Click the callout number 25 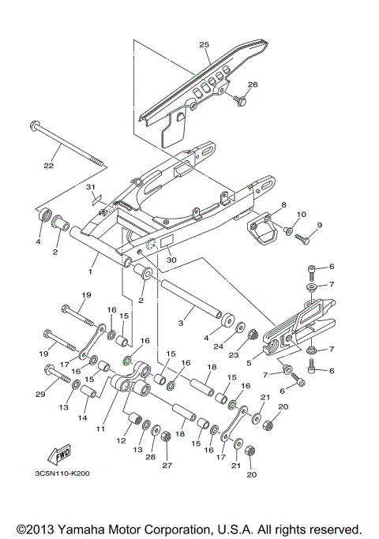[204, 45]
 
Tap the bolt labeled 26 [241, 99]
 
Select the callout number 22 [48, 166]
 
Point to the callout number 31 [90, 209]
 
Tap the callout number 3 [181, 323]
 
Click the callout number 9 [320, 226]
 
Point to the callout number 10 [301, 215]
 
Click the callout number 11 [100, 428]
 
